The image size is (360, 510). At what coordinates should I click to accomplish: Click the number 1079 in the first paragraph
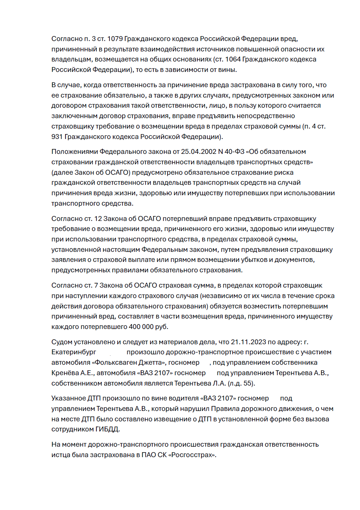pyautogui.click(x=115, y=39)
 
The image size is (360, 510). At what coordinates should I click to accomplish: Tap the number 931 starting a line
pyautogui.click(x=57, y=137)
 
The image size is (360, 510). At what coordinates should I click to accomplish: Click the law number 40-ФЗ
pyautogui.click(x=235, y=152)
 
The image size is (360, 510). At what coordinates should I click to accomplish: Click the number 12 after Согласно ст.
pyautogui.click(x=98, y=219)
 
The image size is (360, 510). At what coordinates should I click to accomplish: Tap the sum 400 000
pyautogui.click(x=141, y=327)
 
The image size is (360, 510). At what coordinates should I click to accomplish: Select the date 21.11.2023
pyautogui.click(x=248, y=342)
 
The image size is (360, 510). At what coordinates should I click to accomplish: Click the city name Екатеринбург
pyautogui.click(x=74, y=352)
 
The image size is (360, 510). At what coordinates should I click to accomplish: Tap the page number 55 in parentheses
pyautogui.click(x=248, y=383)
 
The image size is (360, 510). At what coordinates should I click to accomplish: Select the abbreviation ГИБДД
pyautogui.click(x=107, y=429)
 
